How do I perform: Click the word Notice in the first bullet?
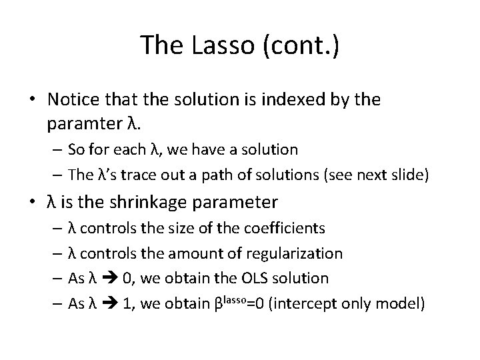[72, 100]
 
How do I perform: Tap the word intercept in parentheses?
[299, 303]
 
